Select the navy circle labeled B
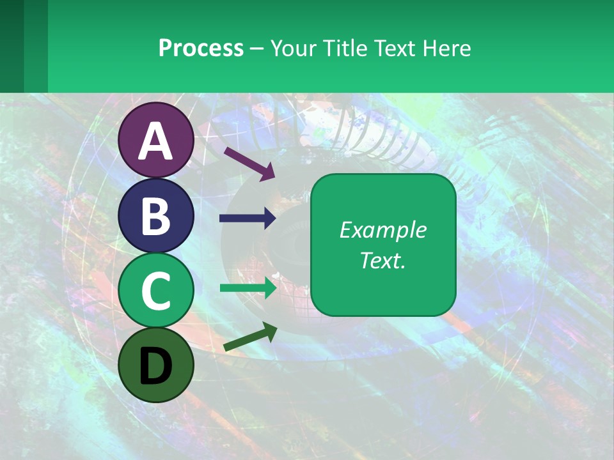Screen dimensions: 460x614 coord(156,215)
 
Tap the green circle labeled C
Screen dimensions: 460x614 coord(156,291)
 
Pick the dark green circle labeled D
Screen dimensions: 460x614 coord(156,365)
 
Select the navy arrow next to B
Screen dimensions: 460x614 coord(248,218)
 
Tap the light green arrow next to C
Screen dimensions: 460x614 coord(248,287)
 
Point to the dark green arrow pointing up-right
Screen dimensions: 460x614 coord(250,337)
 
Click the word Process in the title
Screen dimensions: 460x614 coord(201,48)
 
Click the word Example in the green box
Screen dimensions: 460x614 coord(382,230)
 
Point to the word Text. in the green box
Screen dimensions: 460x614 coord(382,260)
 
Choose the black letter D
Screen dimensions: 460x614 coord(156,367)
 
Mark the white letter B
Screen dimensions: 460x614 coord(156,216)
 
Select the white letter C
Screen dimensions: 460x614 coord(156,291)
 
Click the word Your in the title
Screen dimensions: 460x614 coord(293,48)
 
